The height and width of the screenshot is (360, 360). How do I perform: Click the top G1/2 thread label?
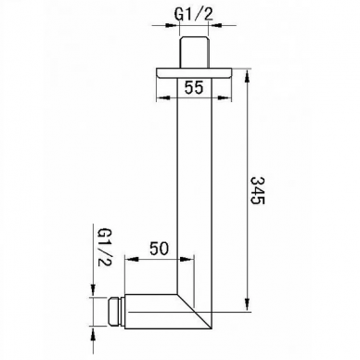(194, 15)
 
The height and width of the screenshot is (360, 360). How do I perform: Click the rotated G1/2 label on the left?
(105, 248)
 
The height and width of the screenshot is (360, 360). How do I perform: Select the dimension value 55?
(194, 87)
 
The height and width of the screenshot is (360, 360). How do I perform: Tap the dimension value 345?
(257, 190)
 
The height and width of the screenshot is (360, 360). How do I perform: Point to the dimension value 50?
(160, 249)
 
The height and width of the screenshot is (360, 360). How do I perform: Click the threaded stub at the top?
(194, 52)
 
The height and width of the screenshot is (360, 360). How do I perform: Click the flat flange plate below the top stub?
(194, 72)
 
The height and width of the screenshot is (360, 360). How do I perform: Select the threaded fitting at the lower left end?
(116, 312)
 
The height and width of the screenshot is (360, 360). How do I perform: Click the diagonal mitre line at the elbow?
(194, 311)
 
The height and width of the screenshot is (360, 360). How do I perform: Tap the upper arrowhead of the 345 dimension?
(247, 77)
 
